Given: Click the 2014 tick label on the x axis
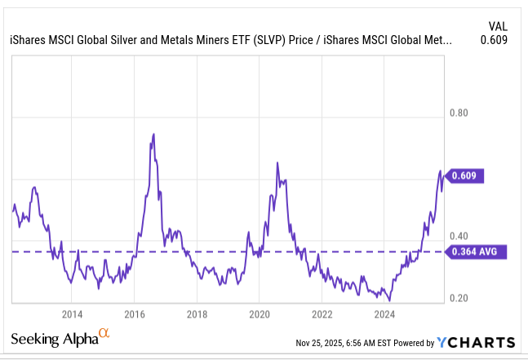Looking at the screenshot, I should click(72, 313).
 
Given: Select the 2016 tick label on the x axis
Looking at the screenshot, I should click(135, 313).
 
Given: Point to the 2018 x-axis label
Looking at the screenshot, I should click(197, 313).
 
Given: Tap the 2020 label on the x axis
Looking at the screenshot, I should click(260, 313).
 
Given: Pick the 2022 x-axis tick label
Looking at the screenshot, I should click(322, 313).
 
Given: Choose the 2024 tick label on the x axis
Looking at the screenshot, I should click(384, 313).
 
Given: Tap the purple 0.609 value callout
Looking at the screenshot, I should click(468, 175).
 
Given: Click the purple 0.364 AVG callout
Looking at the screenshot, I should click(475, 251).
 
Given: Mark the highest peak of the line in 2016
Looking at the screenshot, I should click(154, 134).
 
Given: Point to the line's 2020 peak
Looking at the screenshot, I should click(277, 162).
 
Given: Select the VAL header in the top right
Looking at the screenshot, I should click(497, 25).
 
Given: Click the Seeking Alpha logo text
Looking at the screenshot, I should click(53, 340).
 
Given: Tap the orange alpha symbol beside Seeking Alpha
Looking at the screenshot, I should click(104, 333).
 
